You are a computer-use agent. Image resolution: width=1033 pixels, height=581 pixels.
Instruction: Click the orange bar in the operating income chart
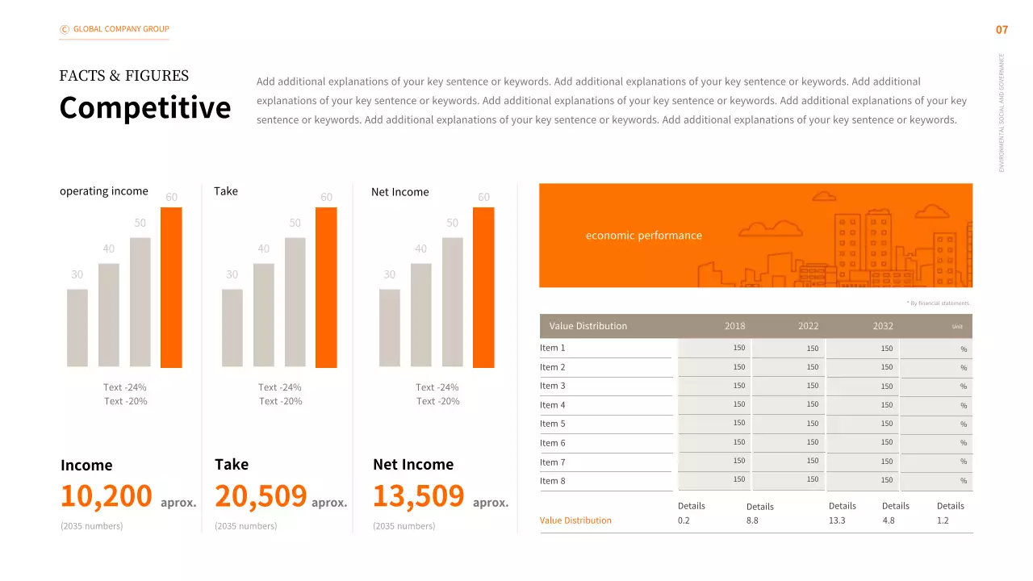point(171,287)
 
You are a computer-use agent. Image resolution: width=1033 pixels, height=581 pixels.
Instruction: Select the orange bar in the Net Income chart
point(483,287)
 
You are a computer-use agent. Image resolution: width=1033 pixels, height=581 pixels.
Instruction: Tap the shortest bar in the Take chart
point(232,328)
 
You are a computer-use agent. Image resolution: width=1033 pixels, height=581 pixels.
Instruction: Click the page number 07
point(1002,30)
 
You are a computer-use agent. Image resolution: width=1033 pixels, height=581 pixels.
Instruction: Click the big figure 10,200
point(107,495)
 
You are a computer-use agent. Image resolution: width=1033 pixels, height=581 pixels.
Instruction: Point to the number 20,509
point(261,495)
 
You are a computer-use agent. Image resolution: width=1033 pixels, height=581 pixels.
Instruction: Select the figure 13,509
point(418,495)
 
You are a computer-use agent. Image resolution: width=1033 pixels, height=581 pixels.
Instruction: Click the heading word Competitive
point(145,107)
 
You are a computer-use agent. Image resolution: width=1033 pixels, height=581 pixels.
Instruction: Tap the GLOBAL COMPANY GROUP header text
point(121,29)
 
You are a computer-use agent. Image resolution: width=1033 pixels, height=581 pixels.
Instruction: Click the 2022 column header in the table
point(808,326)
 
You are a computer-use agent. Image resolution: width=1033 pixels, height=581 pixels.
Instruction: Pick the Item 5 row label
point(553,424)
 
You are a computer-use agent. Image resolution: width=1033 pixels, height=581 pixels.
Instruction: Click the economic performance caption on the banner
point(643,236)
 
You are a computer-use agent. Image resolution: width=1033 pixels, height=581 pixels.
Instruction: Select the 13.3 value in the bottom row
point(837,520)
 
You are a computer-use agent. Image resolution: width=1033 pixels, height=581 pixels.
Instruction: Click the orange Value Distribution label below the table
point(575,520)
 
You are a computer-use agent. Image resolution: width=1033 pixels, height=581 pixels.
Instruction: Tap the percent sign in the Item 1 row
point(963,349)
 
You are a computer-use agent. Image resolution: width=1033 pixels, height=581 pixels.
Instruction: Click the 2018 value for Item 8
point(738,479)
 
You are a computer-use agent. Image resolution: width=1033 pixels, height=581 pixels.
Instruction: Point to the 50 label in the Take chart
point(295,223)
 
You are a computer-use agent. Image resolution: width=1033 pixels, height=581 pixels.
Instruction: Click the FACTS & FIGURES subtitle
point(124,76)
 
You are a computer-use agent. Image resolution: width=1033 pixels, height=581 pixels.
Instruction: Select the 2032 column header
point(883,326)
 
